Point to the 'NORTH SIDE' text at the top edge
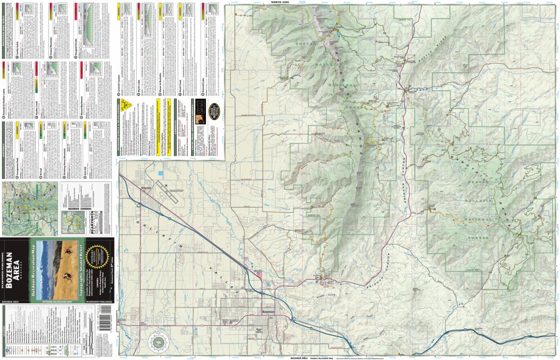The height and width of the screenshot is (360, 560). pyautogui.click(x=283, y=2)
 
